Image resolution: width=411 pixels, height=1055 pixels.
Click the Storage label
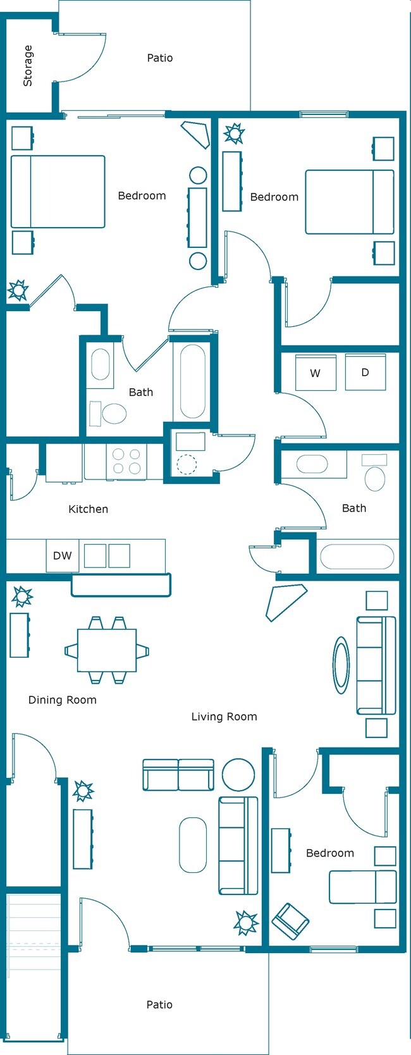28,66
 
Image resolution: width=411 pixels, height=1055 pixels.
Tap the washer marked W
316,373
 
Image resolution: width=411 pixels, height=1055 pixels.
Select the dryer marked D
365,372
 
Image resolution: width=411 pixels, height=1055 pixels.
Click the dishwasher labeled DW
62,555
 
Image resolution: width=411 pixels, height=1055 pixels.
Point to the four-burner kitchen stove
126,461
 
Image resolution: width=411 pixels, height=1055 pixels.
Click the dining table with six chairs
107,650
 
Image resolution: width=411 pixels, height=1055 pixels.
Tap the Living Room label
224,717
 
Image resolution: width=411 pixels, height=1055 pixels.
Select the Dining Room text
63,700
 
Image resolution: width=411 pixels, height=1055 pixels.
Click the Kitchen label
88,509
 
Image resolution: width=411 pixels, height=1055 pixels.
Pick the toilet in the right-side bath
375,478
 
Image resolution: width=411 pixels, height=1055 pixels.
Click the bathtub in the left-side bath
192,381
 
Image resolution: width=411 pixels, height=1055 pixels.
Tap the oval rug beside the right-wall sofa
341,665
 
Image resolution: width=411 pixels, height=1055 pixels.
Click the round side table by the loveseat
238,774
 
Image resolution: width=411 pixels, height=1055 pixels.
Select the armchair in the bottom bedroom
290,920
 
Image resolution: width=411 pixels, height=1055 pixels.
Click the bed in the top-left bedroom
58,192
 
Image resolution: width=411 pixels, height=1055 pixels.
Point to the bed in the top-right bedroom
350,202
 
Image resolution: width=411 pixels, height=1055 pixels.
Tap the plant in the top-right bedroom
234,133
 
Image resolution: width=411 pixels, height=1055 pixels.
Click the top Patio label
160,58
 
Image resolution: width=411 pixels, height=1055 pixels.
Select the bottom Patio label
159,1004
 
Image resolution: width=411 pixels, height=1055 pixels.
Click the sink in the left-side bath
101,365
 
